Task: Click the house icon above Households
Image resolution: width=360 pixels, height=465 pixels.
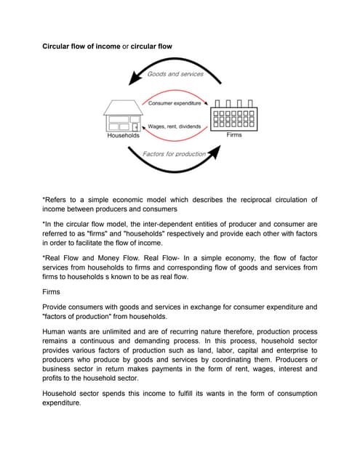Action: pos(122,116)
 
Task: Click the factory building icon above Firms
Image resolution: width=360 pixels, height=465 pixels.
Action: pos(233,116)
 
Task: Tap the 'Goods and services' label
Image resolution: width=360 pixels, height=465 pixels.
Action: pos(175,75)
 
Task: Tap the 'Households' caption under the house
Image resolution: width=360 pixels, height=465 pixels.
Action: pos(123,135)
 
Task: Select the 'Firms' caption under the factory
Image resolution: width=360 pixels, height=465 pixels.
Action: pos(234,135)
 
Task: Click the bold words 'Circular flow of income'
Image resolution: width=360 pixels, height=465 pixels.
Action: pos(79,46)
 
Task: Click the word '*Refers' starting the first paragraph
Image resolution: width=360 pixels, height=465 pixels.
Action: pos(55,198)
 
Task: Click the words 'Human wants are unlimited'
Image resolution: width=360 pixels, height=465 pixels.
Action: pos(87,329)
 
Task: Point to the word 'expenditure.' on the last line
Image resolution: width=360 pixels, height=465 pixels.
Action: pos(62,403)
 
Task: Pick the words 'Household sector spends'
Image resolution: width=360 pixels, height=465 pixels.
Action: pos(87,393)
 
